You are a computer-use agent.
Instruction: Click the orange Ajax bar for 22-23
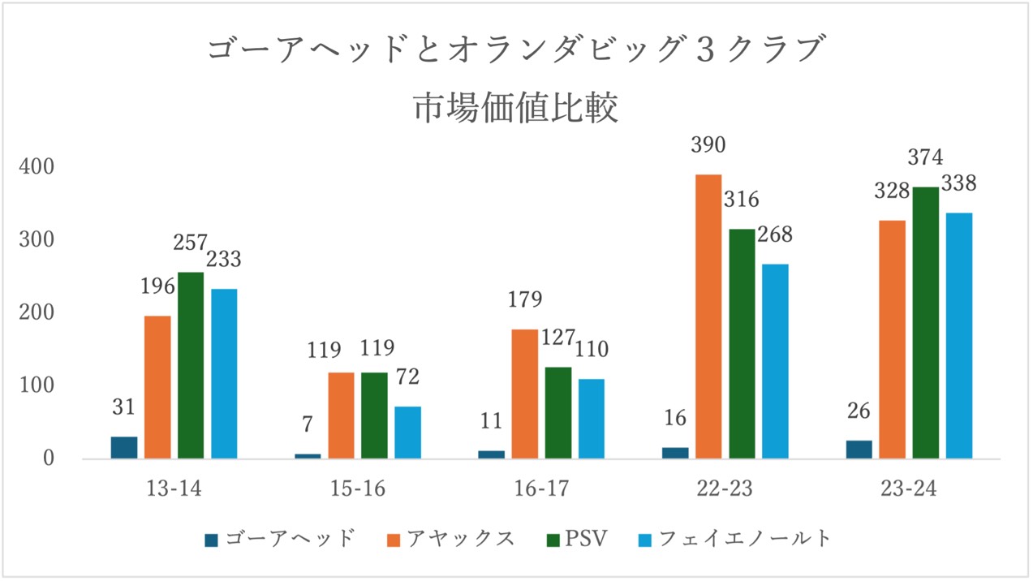[x=708, y=316]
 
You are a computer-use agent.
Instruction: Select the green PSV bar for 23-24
[x=926, y=323]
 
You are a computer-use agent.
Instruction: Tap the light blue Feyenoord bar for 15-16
[x=407, y=433]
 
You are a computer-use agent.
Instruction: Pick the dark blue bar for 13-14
[x=124, y=447]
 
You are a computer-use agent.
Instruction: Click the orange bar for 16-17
[x=525, y=394]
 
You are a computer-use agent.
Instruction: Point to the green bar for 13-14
[x=191, y=365]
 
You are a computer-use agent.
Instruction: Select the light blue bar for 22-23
[x=775, y=361]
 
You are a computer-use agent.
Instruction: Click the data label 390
[x=708, y=144]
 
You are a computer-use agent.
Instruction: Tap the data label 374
[x=926, y=157]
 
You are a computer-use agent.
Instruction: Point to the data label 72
[x=407, y=377]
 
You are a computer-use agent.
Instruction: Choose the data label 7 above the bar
[x=308, y=424]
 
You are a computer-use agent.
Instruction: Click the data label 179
[x=525, y=299]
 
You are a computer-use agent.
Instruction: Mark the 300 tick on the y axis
[x=37, y=239]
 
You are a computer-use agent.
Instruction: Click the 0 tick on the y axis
[x=49, y=458]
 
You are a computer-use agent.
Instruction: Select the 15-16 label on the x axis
[x=357, y=488]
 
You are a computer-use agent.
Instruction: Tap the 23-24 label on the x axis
[x=909, y=488]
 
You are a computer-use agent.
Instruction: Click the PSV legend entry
[x=577, y=539]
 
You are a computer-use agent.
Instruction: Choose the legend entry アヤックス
[x=451, y=539]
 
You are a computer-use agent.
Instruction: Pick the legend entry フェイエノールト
[x=734, y=539]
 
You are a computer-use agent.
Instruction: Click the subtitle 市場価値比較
[x=516, y=108]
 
